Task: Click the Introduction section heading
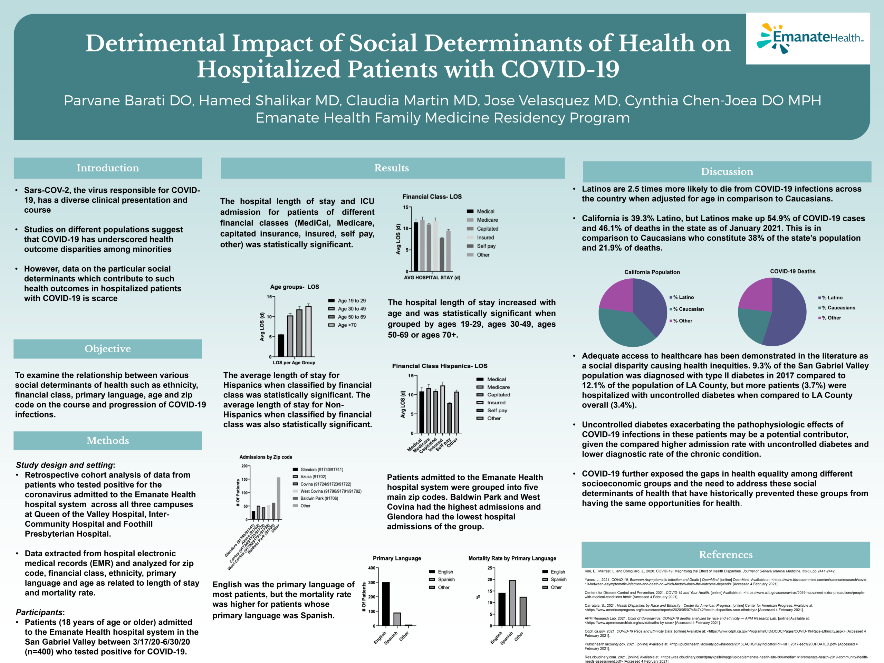pyautogui.click(x=107, y=168)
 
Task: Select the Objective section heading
pyautogui.click(x=107, y=348)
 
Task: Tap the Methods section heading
pyautogui.click(x=107, y=440)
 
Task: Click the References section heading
pyautogui.click(x=726, y=554)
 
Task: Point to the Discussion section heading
pyautogui.click(x=727, y=171)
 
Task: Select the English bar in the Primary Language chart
pyautogui.click(x=386, y=604)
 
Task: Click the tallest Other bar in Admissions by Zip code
pyautogui.click(x=279, y=498)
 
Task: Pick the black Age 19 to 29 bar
pyautogui.click(x=281, y=345)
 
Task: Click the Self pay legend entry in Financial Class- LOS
pyautogui.click(x=486, y=246)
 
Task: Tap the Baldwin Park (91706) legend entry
pyautogui.click(x=319, y=498)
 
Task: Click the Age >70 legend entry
pyautogui.click(x=347, y=325)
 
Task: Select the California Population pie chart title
pyautogui.click(x=652, y=272)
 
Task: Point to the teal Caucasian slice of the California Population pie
pyautogui.click(x=623, y=328)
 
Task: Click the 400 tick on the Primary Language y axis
pyautogui.click(x=371, y=568)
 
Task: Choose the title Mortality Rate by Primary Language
pyautogui.click(x=512, y=558)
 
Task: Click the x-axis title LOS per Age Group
pyautogui.click(x=294, y=363)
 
